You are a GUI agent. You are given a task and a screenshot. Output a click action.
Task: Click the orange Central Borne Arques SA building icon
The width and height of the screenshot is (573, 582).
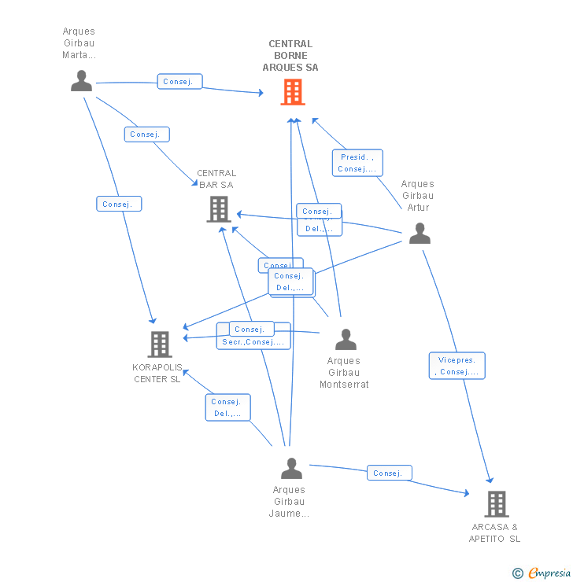(x=293, y=93)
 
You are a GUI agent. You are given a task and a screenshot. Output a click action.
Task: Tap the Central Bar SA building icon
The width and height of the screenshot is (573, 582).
(x=218, y=209)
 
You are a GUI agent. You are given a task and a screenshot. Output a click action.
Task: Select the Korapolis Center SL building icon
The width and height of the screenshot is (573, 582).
(x=159, y=344)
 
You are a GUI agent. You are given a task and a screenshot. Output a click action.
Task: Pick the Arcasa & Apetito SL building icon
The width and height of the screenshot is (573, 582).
(x=496, y=503)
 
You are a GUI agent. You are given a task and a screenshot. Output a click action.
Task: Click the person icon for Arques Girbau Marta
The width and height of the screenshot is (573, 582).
(x=81, y=81)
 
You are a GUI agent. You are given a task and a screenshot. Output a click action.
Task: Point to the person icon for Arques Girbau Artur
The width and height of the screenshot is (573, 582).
(x=420, y=234)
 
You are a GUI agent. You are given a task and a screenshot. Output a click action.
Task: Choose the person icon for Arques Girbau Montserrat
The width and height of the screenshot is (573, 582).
(x=346, y=340)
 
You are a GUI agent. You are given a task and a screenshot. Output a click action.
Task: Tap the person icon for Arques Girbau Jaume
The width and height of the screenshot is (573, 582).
(x=291, y=469)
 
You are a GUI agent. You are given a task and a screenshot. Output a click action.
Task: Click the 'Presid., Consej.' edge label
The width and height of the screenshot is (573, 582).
(x=357, y=163)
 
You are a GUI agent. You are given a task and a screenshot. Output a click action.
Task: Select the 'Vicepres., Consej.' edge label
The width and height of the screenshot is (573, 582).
(x=457, y=366)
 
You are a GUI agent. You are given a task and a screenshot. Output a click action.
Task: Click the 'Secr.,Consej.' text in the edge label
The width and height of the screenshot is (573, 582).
(x=253, y=342)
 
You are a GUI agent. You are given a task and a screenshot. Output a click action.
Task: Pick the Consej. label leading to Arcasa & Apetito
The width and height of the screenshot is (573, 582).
(x=389, y=473)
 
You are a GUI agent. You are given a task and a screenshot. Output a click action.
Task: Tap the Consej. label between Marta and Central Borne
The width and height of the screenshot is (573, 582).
(x=180, y=82)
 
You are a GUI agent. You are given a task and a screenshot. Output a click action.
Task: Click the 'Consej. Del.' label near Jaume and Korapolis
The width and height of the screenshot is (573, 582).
(x=228, y=407)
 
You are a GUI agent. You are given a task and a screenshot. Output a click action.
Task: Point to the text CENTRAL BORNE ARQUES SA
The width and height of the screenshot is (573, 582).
(x=290, y=56)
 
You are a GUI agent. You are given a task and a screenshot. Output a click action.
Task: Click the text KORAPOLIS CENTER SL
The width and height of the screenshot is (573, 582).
(x=157, y=374)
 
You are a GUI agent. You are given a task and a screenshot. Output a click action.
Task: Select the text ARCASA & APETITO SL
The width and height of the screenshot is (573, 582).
(x=495, y=533)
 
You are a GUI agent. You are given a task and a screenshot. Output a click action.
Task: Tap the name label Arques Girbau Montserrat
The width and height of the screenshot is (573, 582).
(x=344, y=373)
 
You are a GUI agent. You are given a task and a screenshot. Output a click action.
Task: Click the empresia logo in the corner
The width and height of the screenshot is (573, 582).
(x=549, y=573)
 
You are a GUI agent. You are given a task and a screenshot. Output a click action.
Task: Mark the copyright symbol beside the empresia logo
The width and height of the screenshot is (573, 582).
(x=518, y=573)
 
